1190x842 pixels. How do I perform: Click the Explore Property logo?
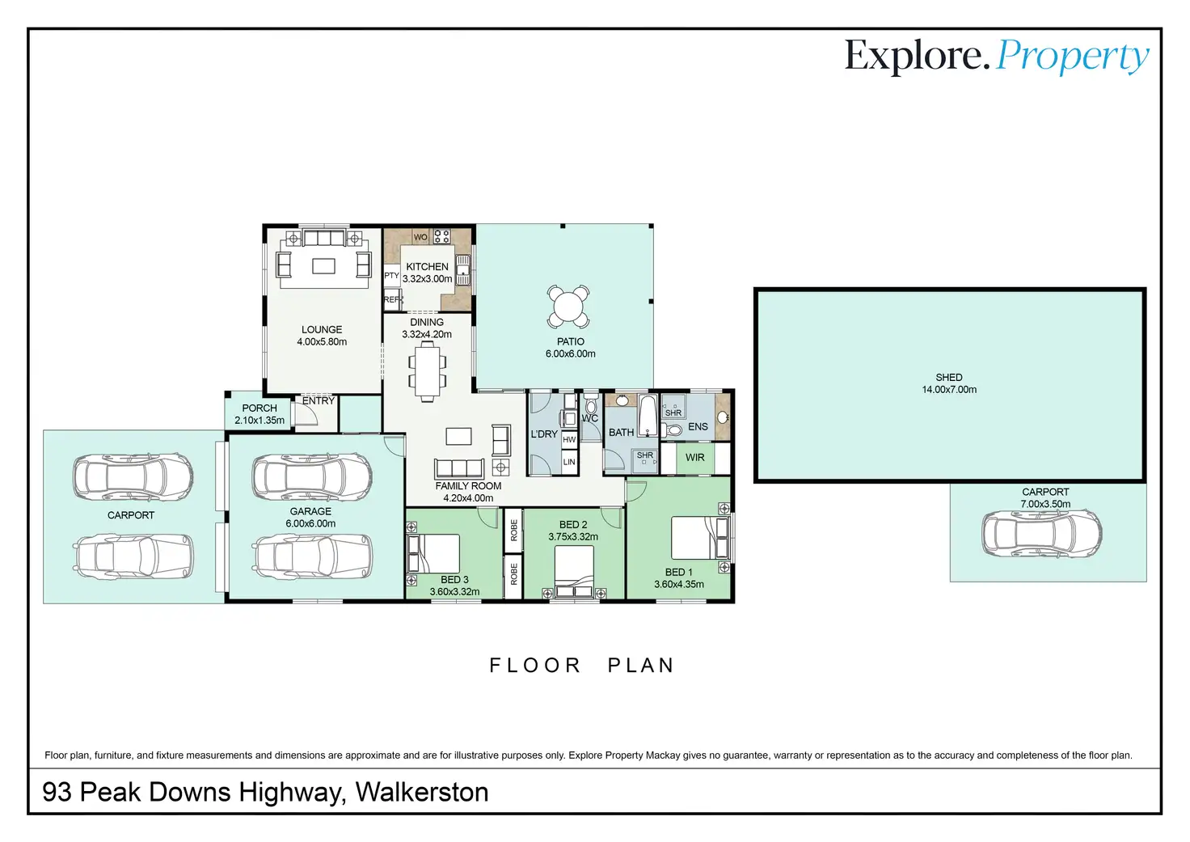997,57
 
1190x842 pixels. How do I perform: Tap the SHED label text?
949,378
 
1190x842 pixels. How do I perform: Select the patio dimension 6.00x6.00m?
570,353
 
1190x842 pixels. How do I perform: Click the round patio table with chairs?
568,307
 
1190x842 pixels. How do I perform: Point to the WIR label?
695,457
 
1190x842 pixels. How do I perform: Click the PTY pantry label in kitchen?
391,275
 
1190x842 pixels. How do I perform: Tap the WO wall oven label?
420,237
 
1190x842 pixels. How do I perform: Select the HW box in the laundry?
569,440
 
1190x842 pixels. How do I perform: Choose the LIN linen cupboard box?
569,462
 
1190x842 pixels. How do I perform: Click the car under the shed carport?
1041,533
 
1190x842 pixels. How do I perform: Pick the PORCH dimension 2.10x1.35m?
260,420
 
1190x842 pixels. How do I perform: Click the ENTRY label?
319,401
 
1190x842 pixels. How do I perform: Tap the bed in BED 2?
574,572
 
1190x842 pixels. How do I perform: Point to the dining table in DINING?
427,370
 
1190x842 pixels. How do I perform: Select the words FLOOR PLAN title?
581,666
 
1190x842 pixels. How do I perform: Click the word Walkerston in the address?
422,792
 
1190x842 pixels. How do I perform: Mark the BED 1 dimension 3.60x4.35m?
679,584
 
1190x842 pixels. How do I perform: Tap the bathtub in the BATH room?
648,416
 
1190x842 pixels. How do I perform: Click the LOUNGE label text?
322,329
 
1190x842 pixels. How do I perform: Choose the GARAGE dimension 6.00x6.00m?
310,523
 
